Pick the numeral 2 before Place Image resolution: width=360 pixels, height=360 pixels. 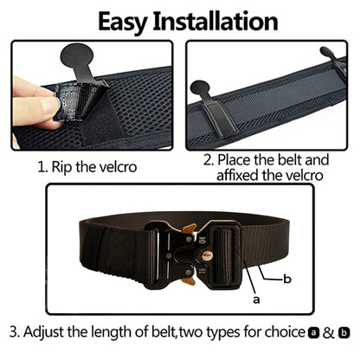tap(208, 160)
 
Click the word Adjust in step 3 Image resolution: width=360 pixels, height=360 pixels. tap(50, 331)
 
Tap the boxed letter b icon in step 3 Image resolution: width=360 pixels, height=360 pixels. tap(344, 331)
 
